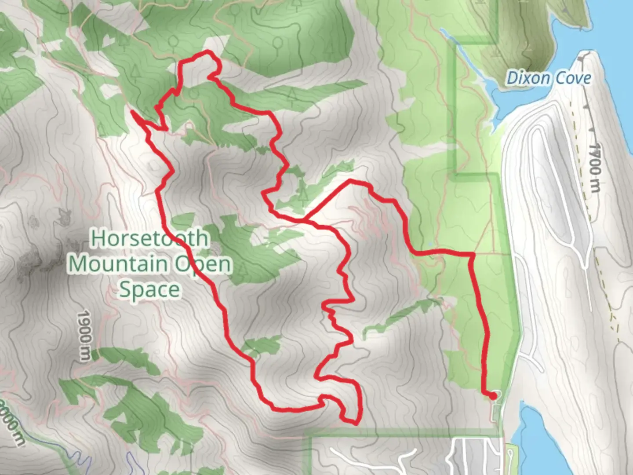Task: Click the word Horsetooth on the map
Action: click(149, 238)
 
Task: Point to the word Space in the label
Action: click(149, 289)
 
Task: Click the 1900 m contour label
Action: click(84, 336)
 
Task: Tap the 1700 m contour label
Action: click(594, 167)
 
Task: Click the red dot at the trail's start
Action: click(493, 396)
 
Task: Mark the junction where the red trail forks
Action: click(304, 218)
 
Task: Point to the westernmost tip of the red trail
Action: click(132, 112)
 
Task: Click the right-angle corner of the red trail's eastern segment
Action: click(473, 254)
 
